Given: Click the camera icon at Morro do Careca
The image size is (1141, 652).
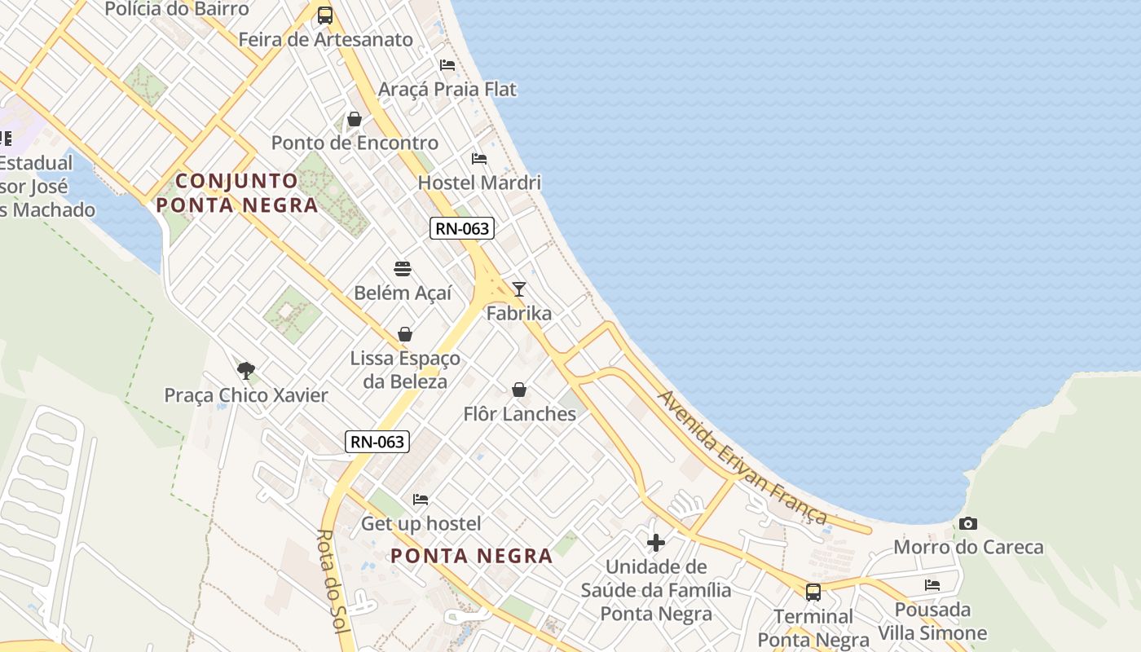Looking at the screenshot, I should [968, 523].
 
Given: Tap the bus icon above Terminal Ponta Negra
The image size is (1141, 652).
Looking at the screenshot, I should [813, 593].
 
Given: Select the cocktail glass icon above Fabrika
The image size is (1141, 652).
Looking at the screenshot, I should [518, 289].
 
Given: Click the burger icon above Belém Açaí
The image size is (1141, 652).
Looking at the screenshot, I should [403, 268].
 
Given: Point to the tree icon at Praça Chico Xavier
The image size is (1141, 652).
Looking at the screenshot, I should [246, 371].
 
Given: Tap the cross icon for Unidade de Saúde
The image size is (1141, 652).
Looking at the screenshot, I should [656, 543].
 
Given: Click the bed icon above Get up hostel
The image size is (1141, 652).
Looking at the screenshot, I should [421, 499].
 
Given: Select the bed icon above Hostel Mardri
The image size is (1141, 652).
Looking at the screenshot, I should [479, 158].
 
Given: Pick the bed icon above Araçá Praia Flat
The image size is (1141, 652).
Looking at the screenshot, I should [447, 64].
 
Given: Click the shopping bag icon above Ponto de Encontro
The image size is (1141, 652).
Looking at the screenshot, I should [355, 119].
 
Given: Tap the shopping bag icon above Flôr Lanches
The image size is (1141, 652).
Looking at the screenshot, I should [519, 390].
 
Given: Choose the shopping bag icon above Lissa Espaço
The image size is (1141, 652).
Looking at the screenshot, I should [405, 334].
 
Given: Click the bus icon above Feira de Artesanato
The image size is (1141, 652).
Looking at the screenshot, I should [325, 15].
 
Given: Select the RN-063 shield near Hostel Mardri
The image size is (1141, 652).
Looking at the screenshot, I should [462, 228].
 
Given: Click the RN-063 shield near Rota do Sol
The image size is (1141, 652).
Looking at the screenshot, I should [377, 442].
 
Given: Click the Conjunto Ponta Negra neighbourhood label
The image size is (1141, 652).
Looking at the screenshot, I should [237, 192].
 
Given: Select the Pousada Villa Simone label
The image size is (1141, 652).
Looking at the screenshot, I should [932, 621].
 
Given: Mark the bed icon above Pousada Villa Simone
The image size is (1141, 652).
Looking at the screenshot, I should [932, 585].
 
